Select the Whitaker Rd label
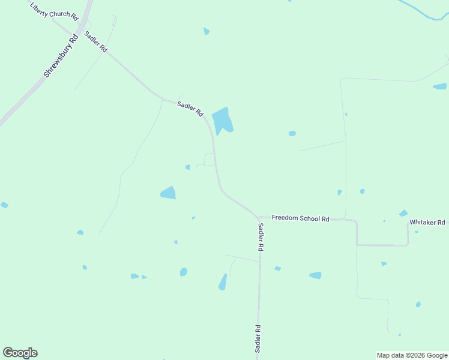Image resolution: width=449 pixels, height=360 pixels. click(x=427, y=222)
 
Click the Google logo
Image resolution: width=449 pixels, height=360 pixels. click(x=20, y=353)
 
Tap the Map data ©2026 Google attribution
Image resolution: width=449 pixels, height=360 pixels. click(x=411, y=355)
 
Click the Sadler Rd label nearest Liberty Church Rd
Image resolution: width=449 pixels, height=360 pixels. click(x=95, y=41)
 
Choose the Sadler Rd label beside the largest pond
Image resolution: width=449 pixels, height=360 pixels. click(x=190, y=109)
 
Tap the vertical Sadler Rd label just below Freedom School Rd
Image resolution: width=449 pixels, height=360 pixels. click(x=261, y=237)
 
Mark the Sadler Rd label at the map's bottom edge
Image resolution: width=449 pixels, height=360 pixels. click(x=258, y=339)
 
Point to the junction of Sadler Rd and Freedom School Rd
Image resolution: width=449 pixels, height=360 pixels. click(x=258, y=217)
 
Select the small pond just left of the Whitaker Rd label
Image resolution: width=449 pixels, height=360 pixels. click(x=403, y=213)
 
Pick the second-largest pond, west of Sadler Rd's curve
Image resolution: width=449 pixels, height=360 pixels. click(x=168, y=193)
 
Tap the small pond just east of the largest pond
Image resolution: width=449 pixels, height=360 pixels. click(x=292, y=133)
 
